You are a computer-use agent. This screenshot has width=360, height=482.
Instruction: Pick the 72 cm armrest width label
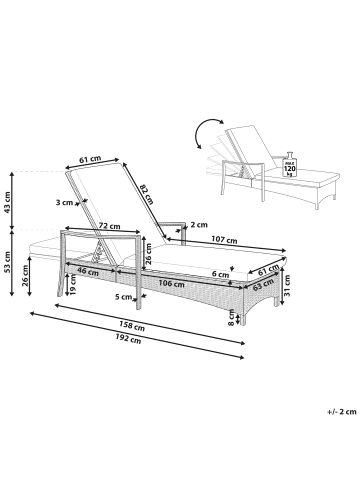(x=110, y=228)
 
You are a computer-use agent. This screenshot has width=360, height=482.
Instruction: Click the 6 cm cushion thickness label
(x=219, y=273)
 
